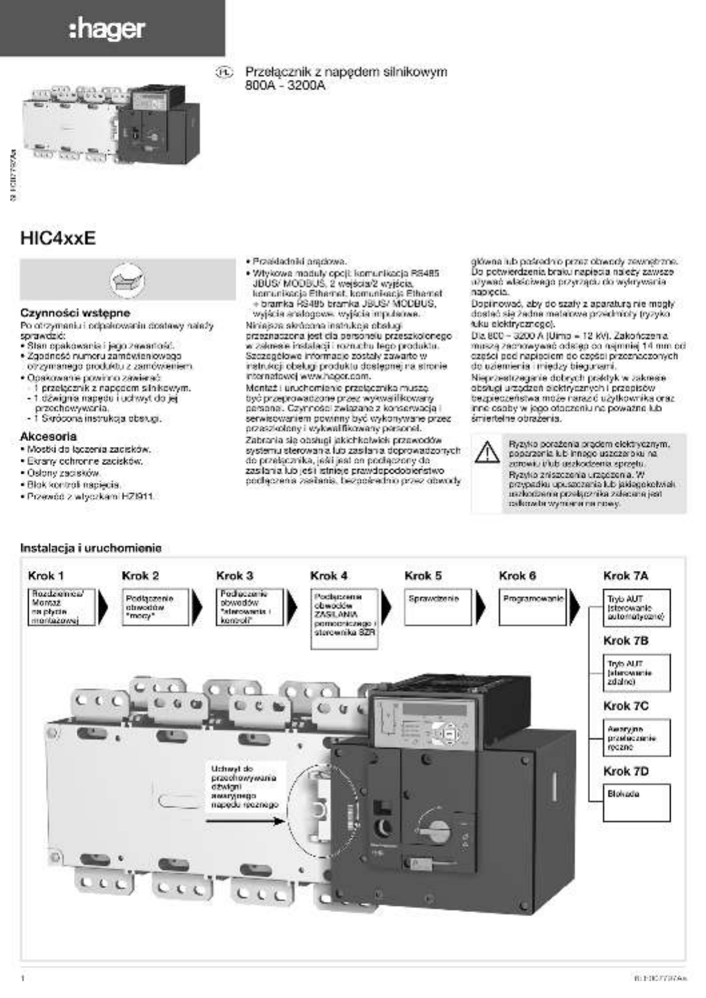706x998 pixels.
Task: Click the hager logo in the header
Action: [x=107, y=29]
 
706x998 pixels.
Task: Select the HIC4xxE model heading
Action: [x=58, y=239]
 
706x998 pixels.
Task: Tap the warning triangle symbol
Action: [x=487, y=453]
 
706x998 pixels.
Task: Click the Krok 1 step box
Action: [x=62, y=606]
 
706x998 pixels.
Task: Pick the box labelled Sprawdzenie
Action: [x=437, y=606]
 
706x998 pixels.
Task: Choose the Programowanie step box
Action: [x=533, y=606]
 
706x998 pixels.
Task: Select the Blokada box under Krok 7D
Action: [x=637, y=802]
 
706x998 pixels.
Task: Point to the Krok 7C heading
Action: [x=625, y=706]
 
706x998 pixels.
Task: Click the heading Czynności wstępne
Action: [x=75, y=312]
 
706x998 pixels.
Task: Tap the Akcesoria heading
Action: [x=49, y=436]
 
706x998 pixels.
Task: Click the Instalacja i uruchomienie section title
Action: [x=91, y=548]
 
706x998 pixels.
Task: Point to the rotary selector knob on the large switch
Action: [x=438, y=829]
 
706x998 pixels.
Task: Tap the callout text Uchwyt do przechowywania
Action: [x=244, y=787]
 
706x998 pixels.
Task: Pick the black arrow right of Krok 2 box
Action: [x=197, y=606]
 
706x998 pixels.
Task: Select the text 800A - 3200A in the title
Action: [x=285, y=86]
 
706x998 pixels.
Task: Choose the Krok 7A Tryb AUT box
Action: [x=637, y=608]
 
